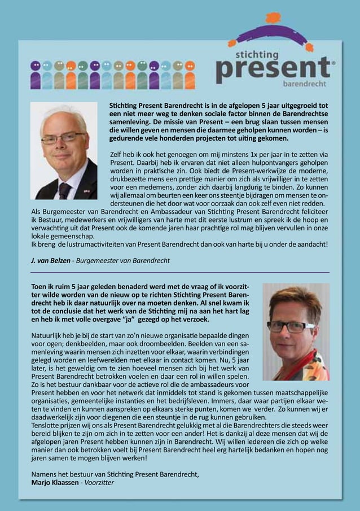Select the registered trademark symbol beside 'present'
[335, 64]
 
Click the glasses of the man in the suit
[63, 137]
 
